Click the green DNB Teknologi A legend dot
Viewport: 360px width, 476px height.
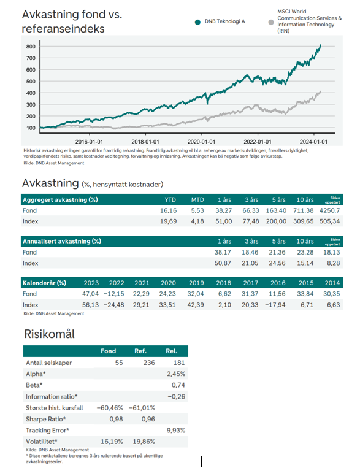(x=197, y=22)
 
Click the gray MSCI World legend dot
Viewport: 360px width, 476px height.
(x=271, y=22)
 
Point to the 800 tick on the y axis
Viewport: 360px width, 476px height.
(x=31, y=47)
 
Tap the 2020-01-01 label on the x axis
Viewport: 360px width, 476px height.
(x=201, y=142)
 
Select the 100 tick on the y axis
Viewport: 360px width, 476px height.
(x=31, y=128)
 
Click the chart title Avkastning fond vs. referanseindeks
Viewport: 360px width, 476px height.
(x=72, y=21)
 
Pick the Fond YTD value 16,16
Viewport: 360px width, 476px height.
(x=169, y=210)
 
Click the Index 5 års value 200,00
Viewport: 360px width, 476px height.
(x=276, y=221)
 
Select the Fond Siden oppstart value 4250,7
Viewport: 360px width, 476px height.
(x=330, y=210)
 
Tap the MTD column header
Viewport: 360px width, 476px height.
(x=197, y=200)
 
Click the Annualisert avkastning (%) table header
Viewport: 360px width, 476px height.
(x=62, y=241)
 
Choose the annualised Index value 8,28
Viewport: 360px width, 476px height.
(x=333, y=263)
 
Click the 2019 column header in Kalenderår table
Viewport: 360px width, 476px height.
(x=196, y=283)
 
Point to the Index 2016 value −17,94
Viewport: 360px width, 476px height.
(x=275, y=305)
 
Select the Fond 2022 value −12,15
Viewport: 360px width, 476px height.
(x=114, y=294)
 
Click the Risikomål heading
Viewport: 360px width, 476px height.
(x=49, y=334)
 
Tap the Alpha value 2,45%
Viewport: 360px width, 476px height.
(x=176, y=374)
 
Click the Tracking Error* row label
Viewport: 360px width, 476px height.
(x=47, y=431)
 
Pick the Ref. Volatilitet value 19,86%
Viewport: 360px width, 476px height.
(x=144, y=442)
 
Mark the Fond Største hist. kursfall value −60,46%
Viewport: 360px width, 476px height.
(x=110, y=408)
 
